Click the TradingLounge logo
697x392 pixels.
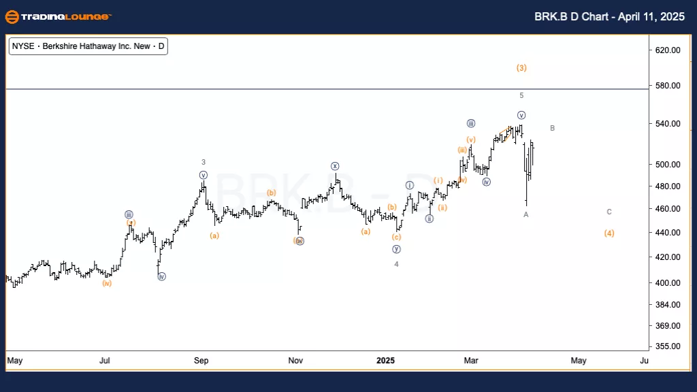point(57,16)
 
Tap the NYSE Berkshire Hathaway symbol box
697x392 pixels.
point(88,47)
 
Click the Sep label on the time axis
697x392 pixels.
point(201,360)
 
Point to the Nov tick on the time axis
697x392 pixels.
point(295,360)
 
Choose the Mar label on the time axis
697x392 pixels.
point(470,360)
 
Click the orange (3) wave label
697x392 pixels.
point(521,68)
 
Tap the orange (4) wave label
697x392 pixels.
point(609,233)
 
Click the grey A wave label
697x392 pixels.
point(525,215)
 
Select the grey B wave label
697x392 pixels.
point(553,128)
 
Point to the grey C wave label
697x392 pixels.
point(609,212)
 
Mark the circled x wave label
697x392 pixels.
point(335,167)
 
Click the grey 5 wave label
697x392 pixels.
point(521,96)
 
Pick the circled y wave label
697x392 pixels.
point(396,249)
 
